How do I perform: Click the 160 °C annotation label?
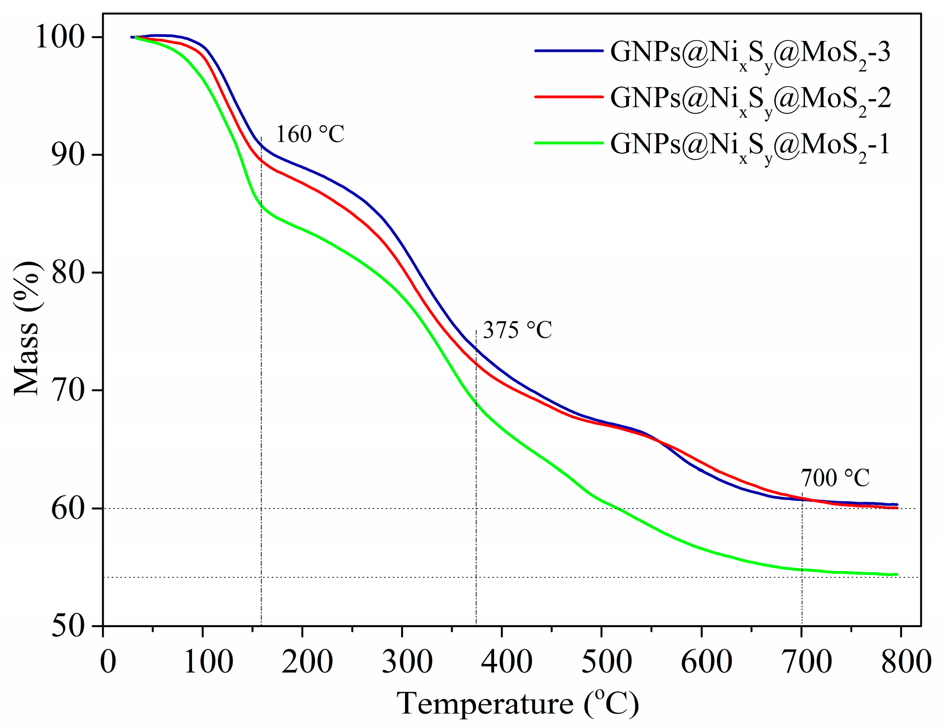pos(310,134)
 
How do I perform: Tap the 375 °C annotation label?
pos(517,330)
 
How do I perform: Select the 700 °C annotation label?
pos(835,478)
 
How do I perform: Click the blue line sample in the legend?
pos(569,51)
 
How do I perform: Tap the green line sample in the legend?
pos(569,143)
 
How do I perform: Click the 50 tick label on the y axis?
pos(68,626)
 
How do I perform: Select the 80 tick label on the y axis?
pos(68,273)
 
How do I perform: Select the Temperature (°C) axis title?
pos(517,704)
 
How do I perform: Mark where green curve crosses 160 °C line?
pos(261,205)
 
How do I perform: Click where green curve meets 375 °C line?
pos(476,403)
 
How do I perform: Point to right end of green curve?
pos(897,574)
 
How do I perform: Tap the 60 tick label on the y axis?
pos(68,508)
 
